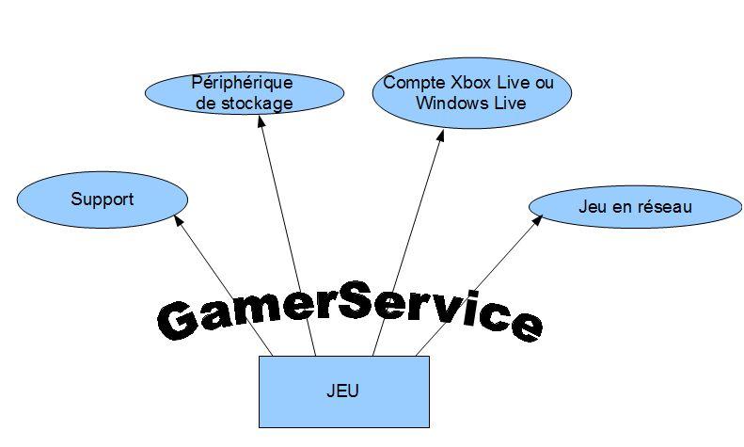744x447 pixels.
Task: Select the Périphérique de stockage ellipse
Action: [244, 92]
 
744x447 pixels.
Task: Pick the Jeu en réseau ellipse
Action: [635, 207]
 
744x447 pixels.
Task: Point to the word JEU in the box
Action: [344, 390]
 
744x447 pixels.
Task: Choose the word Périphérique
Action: [243, 83]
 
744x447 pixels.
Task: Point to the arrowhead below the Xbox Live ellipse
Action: [439, 135]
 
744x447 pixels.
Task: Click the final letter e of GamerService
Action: [524, 325]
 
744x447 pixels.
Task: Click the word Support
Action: [103, 199]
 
